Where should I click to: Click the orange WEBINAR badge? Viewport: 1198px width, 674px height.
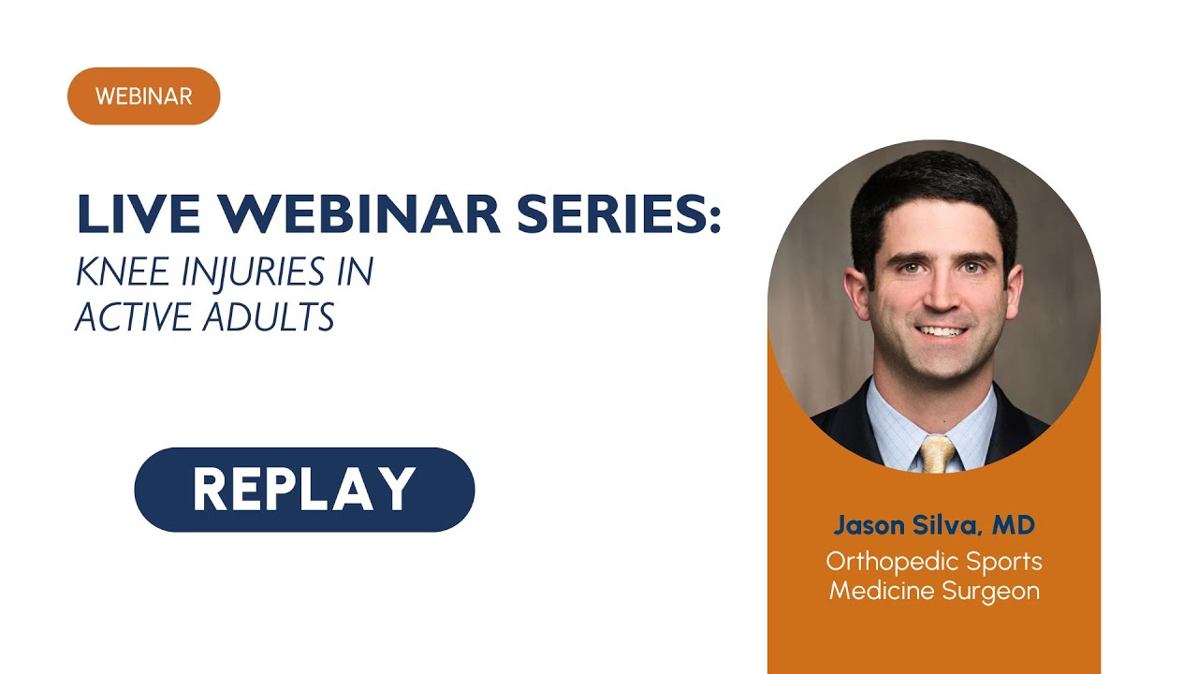coord(143,96)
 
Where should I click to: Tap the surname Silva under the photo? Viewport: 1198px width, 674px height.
coord(944,525)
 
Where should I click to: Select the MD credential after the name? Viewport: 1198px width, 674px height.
coord(1014,525)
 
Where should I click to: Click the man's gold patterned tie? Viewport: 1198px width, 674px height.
coord(937,453)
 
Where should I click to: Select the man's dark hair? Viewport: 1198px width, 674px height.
coord(931,187)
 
